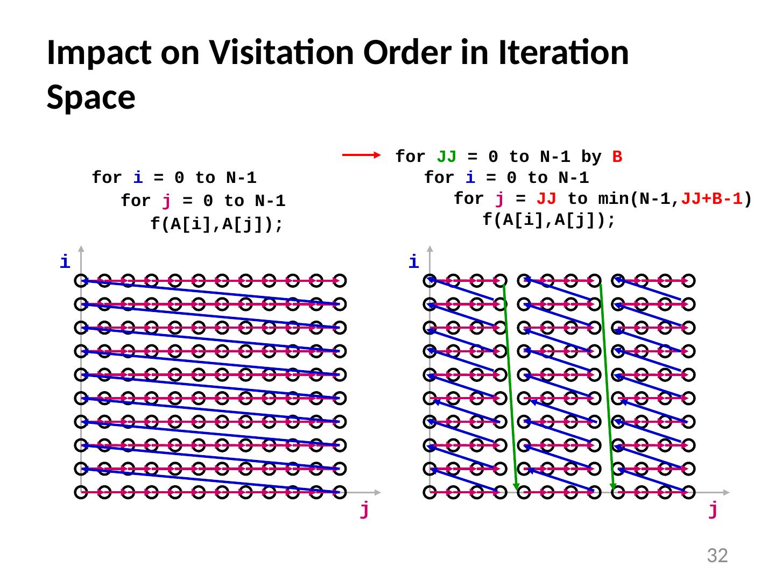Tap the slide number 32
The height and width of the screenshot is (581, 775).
[x=717, y=555]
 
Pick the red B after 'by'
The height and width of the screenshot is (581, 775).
[x=617, y=157]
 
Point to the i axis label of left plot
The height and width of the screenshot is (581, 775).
[x=65, y=262]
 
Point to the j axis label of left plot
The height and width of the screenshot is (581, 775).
[x=364, y=509]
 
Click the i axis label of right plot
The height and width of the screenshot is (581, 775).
[x=413, y=262]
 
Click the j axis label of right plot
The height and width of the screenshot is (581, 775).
[x=713, y=509]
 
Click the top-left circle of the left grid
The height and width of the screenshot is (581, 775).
[x=81, y=280]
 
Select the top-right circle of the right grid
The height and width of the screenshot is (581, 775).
[x=688, y=280]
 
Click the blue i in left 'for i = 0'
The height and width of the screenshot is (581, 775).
[x=138, y=178]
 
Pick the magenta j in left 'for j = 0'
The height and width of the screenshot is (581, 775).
[x=167, y=201]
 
